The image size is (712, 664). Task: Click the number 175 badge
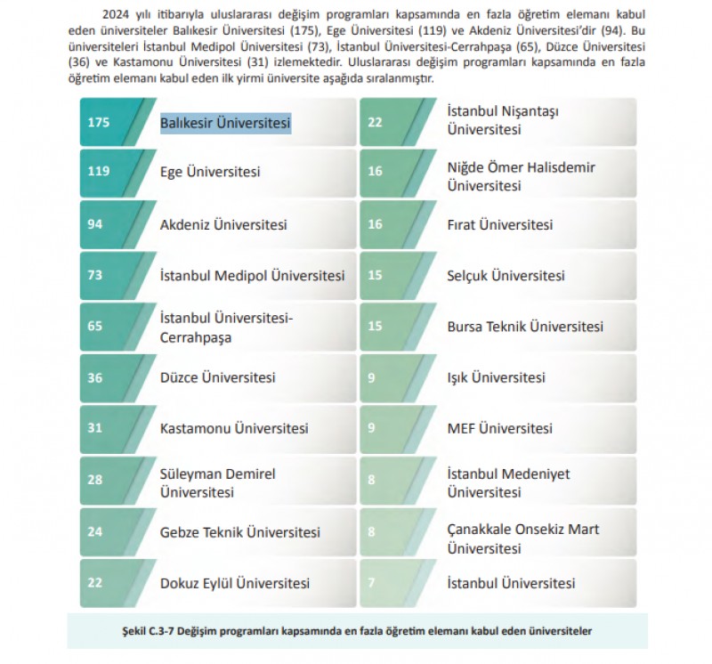pos(99,122)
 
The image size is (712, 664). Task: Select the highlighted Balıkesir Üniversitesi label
pos(225,122)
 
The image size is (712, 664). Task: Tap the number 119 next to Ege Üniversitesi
pos(99,173)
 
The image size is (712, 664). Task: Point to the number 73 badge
pos(95,276)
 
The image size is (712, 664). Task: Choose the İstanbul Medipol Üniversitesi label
pos(252,276)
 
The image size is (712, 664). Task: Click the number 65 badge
pos(95,327)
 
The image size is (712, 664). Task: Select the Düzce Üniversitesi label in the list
pos(217,377)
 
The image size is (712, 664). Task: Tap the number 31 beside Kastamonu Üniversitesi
pos(95,429)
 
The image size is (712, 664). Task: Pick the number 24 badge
pos(95,532)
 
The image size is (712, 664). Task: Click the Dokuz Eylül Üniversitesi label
pos(235,584)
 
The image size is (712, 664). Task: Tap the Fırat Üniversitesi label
pos(499,224)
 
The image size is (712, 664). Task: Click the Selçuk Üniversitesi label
pos(506,276)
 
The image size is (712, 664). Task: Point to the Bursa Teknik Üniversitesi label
pos(525,327)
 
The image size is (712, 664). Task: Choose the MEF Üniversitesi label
pos(499,429)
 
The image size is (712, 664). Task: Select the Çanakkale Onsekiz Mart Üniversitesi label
pos(522,539)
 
